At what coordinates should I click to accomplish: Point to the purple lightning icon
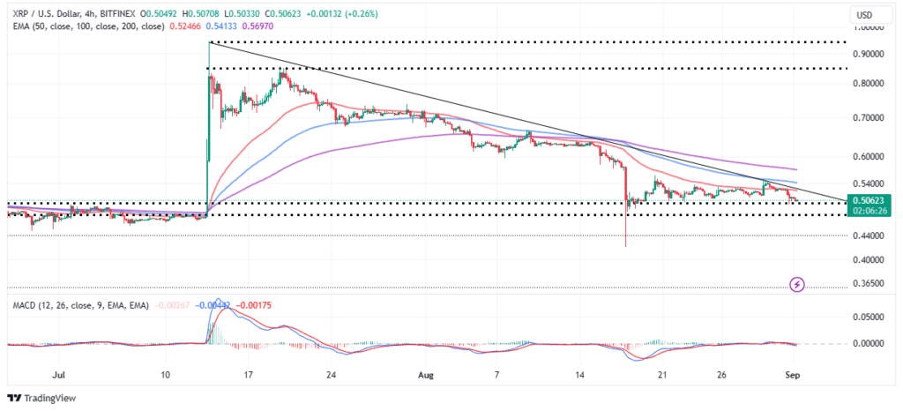(797, 284)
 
